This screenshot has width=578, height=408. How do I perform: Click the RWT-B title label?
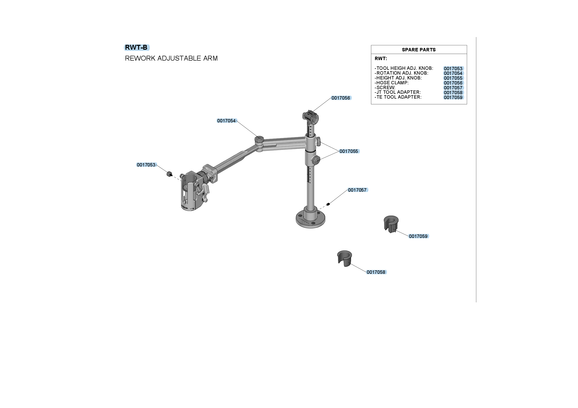click(136, 47)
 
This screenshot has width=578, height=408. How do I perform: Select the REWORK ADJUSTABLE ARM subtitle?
click(171, 58)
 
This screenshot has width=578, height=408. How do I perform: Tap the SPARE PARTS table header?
click(419, 50)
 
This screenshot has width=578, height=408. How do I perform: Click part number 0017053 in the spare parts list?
click(453, 69)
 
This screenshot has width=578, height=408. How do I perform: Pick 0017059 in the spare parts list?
click(453, 97)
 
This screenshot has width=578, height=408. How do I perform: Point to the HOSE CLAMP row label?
click(392, 83)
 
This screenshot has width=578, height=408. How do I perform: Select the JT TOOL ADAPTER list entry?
click(398, 92)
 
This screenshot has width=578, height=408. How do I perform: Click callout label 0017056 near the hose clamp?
click(341, 98)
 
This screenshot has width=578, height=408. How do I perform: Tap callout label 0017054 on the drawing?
click(226, 121)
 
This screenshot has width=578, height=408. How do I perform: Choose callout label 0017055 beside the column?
click(349, 151)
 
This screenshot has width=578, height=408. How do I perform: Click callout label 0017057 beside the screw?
click(358, 190)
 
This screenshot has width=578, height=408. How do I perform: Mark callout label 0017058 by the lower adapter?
click(376, 272)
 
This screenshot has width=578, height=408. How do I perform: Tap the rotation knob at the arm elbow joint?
click(259, 140)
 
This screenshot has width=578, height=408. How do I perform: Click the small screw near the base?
click(328, 204)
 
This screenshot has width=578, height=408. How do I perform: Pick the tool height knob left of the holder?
click(169, 174)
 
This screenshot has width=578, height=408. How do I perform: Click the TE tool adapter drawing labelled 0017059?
click(391, 224)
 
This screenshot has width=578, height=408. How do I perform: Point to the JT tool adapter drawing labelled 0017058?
click(344, 258)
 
